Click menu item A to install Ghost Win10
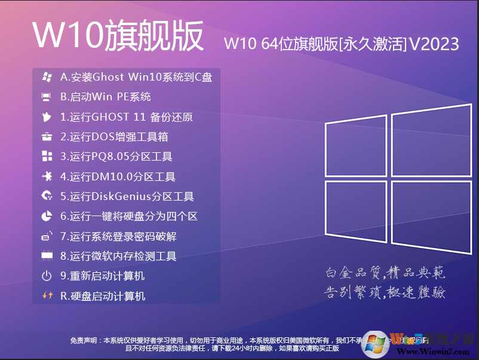136,77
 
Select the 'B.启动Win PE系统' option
105,97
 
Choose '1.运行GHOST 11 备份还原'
126,117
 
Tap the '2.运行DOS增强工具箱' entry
114,137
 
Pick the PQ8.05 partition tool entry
116,157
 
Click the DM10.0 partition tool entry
118,177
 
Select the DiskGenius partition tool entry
127,196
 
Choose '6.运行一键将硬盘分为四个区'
128,216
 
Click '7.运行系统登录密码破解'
118,236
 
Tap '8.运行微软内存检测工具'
118,256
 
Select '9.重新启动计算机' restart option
102,276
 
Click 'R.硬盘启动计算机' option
103,296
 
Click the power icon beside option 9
47,276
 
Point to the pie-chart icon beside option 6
47,216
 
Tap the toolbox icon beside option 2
47,137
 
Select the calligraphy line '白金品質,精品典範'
385,273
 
